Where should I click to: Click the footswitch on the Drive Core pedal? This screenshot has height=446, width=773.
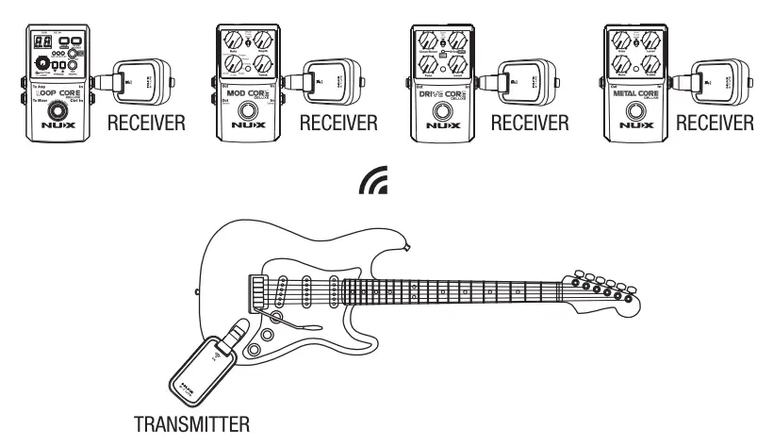coord(441,116)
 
